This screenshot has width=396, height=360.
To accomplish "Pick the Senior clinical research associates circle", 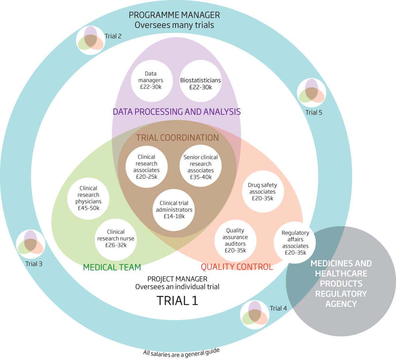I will [201, 167].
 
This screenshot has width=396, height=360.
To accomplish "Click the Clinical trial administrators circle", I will [174, 209].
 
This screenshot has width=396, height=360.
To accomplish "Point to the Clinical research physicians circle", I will [88, 198].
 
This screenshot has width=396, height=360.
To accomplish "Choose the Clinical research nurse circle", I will [116, 239].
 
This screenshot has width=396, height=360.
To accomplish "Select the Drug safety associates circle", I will [262, 191].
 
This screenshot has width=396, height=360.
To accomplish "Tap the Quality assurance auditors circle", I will [235, 240].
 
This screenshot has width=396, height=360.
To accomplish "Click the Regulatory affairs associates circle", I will [295, 242].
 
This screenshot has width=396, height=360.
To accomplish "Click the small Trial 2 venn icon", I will [91, 40].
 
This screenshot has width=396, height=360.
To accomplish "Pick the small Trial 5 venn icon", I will [311, 93].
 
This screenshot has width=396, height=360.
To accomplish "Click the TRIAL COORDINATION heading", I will [177, 137].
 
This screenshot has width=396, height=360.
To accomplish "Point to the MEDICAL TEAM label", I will [112, 267].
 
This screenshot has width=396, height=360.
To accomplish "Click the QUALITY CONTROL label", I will [237, 267].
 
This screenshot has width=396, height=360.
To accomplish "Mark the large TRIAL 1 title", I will [177, 300].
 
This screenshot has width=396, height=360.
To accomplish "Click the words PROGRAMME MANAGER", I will [174, 15].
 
